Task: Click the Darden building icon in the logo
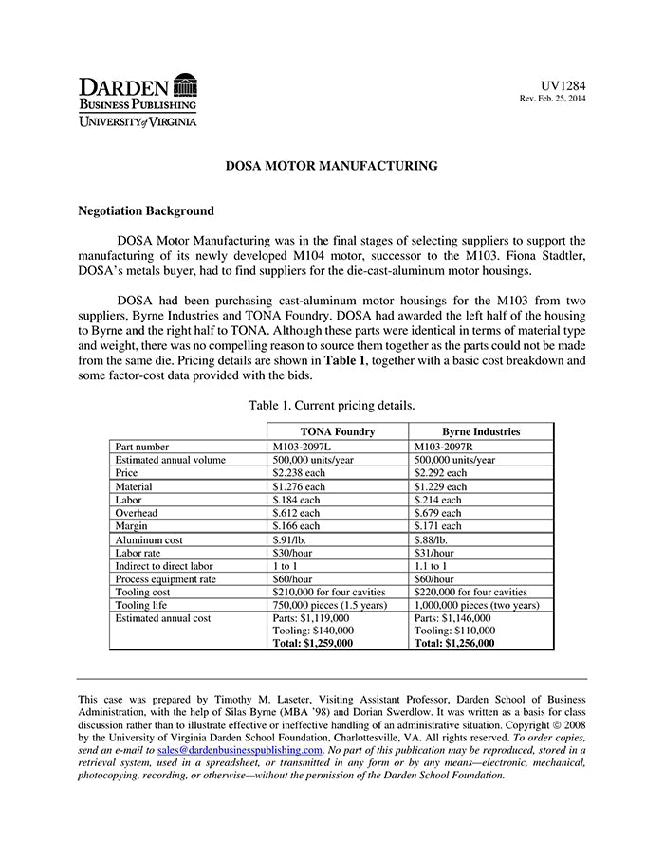[186, 84]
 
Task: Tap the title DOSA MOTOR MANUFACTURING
[331, 166]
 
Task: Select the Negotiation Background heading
[146, 211]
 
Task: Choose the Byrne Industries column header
[481, 431]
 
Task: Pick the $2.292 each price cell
[441, 472]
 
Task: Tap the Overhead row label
[136, 512]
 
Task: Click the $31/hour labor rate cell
[434, 552]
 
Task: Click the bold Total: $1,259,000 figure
[313, 642]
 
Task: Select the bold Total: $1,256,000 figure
[454, 642]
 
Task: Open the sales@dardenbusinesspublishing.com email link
[240, 749]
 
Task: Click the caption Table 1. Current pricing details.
[331, 406]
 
